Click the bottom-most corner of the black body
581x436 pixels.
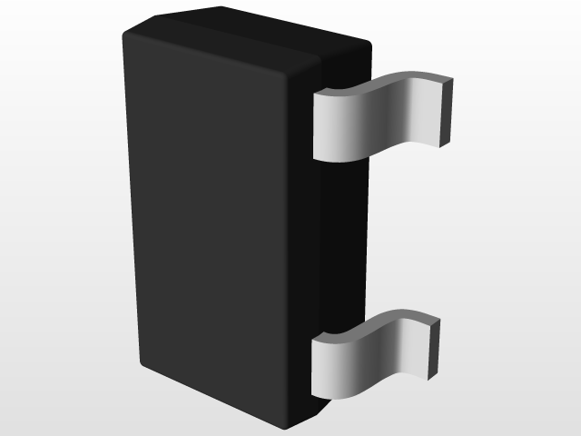(286, 428)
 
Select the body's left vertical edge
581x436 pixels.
(132, 200)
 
